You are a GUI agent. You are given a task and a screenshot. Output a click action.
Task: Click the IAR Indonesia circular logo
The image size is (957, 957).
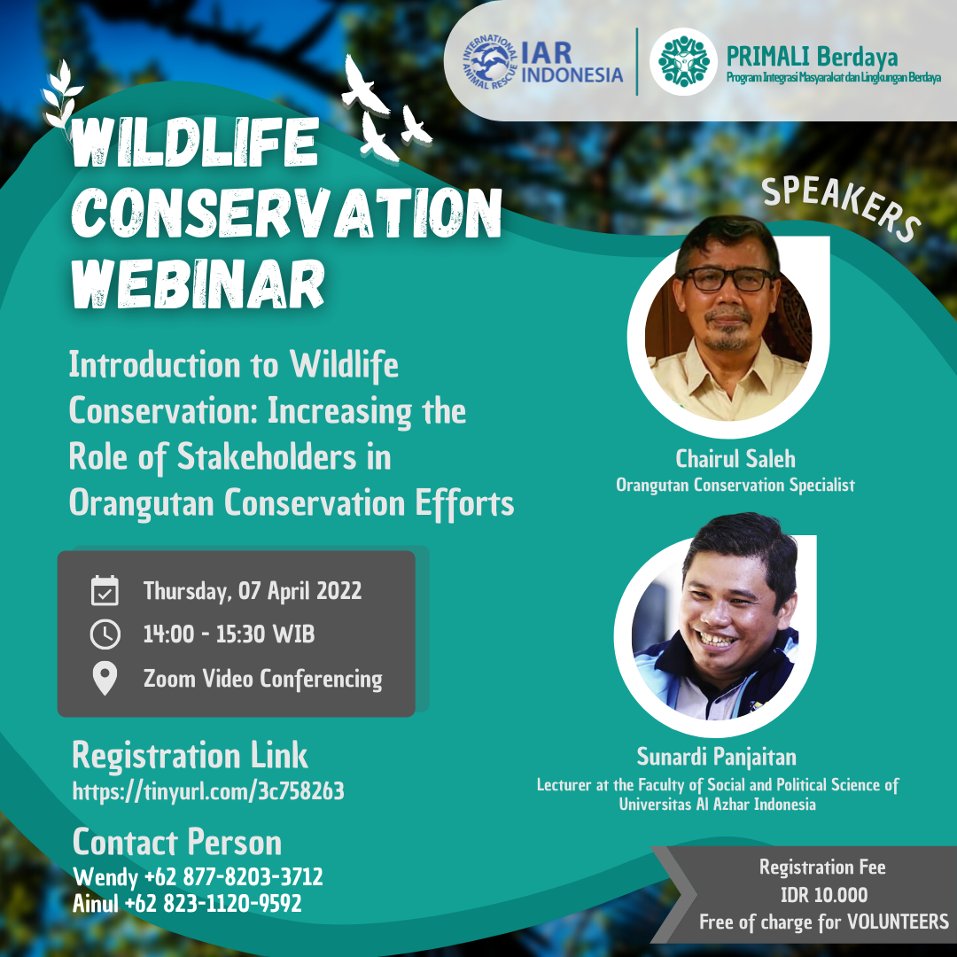point(489,61)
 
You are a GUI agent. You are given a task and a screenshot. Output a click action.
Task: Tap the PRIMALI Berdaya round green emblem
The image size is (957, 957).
point(683,61)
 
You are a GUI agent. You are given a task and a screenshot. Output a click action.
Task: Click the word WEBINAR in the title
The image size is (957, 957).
point(198,284)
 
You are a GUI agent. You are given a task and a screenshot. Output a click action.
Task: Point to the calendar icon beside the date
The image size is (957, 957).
point(105,590)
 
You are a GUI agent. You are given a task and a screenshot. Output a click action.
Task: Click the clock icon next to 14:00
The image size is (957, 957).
point(105,634)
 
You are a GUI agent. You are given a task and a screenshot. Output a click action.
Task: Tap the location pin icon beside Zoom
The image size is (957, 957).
point(105,679)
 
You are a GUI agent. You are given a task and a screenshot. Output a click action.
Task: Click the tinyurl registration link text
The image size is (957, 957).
point(208,791)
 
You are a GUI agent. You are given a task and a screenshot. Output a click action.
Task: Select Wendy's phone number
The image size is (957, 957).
point(233,876)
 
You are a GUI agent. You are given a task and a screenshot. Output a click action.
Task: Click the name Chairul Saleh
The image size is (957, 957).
point(735,458)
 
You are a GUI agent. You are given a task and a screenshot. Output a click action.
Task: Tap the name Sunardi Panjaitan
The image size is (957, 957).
point(717,757)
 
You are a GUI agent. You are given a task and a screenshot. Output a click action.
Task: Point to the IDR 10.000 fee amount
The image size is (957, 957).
point(824,895)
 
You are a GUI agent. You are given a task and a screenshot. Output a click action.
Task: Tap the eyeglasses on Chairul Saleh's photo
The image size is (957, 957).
point(727,279)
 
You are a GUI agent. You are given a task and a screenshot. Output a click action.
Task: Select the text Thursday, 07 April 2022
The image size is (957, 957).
point(252,591)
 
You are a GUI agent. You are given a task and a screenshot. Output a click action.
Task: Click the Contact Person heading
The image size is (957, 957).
point(177,843)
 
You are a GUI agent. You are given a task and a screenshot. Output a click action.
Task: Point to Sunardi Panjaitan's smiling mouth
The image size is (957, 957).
point(718,639)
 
